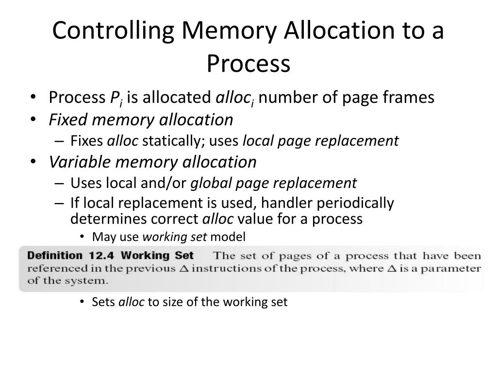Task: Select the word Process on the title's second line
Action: click(x=248, y=63)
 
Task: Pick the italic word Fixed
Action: click(x=68, y=119)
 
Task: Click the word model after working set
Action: click(x=228, y=237)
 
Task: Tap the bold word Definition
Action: click(x=55, y=255)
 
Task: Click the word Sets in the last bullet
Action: click(x=103, y=302)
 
